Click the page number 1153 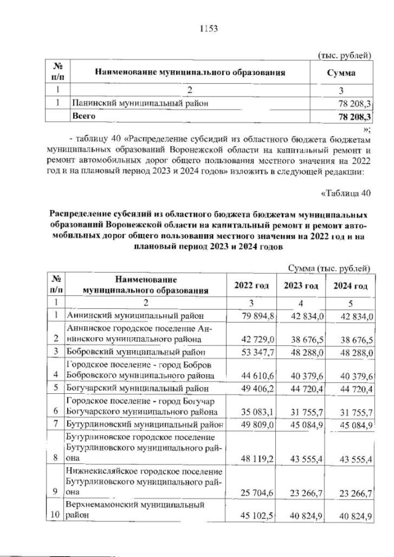pyautogui.click(x=209, y=28)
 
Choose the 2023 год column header pyautogui.click(x=300, y=286)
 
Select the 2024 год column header pyautogui.click(x=350, y=286)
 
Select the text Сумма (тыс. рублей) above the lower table pyautogui.click(x=329, y=268)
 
